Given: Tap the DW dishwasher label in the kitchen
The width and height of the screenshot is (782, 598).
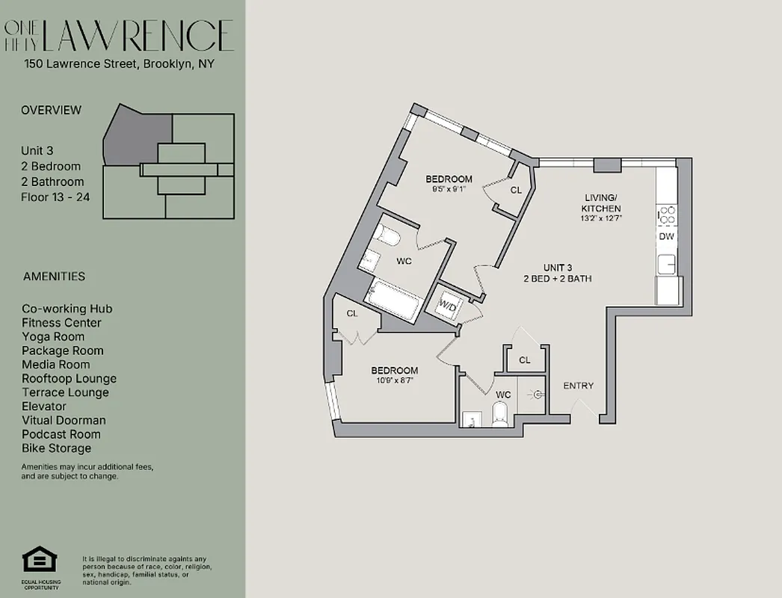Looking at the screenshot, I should point(666,236).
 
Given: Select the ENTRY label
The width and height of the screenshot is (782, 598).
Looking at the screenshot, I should point(578,386).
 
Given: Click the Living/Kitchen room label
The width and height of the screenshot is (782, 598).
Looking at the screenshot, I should point(603,203).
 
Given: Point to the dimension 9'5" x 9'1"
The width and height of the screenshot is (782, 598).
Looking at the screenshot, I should point(449,190).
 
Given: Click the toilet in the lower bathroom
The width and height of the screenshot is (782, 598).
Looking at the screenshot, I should point(500,413).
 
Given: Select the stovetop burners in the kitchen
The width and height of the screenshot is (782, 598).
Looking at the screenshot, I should point(666,215).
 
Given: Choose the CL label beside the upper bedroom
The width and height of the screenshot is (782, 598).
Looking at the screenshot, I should point(516,191).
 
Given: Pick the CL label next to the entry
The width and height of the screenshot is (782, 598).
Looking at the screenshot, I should point(525,360).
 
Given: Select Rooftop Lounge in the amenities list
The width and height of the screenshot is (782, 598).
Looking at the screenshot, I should point(69,378).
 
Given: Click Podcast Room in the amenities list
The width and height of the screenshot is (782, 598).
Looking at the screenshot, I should point(62,434).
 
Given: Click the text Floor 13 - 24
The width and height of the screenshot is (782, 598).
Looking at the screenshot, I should point(52,197).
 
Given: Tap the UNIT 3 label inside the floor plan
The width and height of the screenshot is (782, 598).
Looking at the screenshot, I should point(558,268).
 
